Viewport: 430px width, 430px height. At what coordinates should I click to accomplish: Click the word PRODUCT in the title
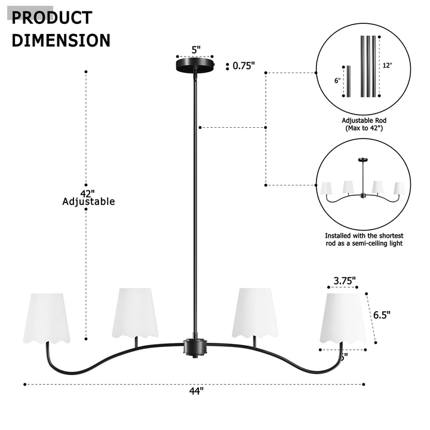pyautogui.click(x=52, y=17)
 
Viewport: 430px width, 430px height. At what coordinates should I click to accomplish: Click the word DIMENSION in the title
pyautogui.click(x=61, y=40)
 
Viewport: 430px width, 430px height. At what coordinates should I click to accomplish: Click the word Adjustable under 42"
pyautogui.click(x=88, y=202)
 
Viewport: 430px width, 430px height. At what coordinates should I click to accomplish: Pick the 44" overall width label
pyautogui.click(x=196, y=391)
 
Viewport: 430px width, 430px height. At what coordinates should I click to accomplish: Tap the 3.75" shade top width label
pyautogui.click(x=344, y=280)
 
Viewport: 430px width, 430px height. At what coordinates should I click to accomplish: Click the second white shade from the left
pyautogui.click(x=134, y=313)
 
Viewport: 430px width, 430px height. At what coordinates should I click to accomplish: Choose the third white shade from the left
pyautogui.click(x=255, y=313)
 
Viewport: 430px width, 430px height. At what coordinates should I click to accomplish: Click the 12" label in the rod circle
pyautogui.click(x=387, y=65)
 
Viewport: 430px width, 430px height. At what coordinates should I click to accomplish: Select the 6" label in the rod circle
pyautogui.click(x=337, y=80)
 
